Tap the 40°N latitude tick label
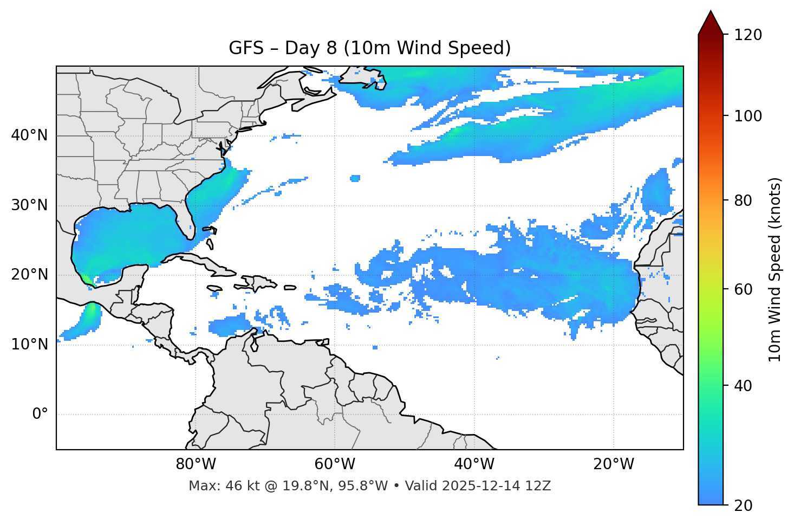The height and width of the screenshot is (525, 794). (29, 135)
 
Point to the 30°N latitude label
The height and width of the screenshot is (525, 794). (29, 205)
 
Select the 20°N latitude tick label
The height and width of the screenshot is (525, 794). (29, 275)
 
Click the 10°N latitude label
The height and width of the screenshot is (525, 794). (29, 345)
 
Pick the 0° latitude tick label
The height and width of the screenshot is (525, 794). (40, 414)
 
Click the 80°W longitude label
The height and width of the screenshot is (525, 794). (196, 464)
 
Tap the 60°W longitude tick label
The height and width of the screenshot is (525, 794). (335, 464)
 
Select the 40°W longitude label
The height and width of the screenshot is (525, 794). (474, 464)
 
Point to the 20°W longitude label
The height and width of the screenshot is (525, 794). (613, 464)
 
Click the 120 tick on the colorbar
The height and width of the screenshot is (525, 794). (748, 35)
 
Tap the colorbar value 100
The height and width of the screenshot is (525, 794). (748, 116)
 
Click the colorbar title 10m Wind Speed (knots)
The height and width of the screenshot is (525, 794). (775, 269)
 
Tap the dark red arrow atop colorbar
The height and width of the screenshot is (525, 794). (711, 23)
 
